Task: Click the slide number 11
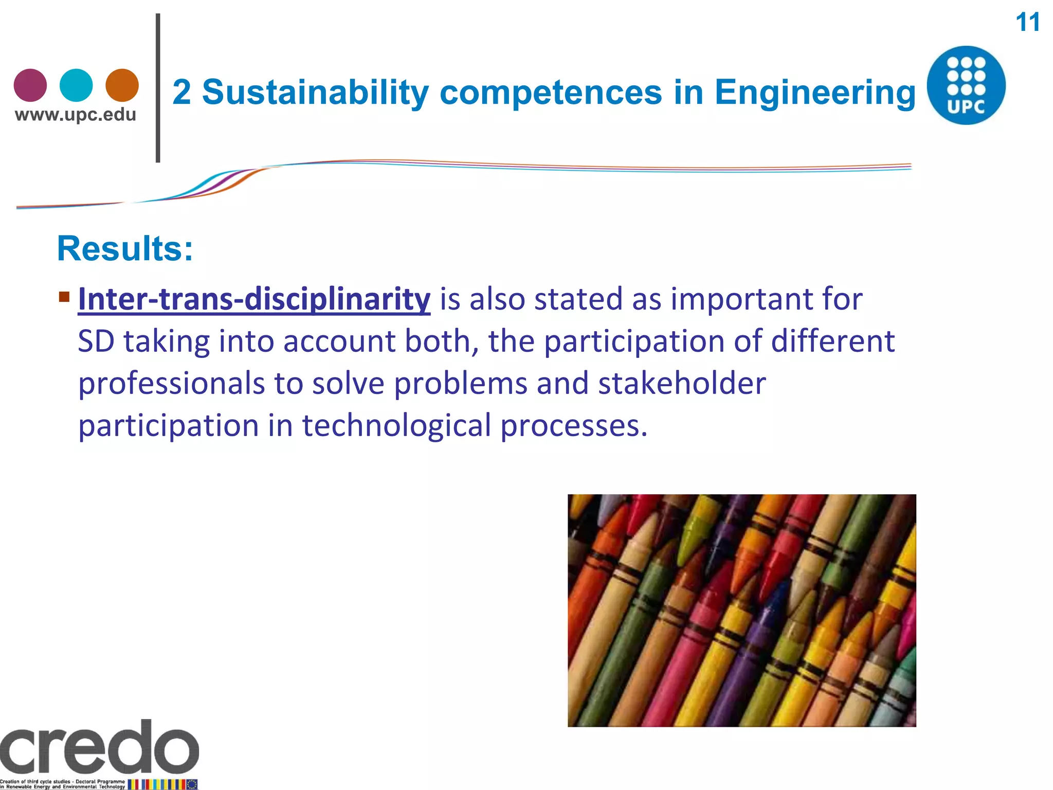tap(1027, 23)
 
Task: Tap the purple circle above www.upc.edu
tap(30, 85)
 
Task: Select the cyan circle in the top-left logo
tap(76, 85)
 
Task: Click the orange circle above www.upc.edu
tap(122, 85)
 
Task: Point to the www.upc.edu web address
tap(76, 115)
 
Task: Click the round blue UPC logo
tap(966, 85)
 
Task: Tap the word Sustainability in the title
tap(315, 93)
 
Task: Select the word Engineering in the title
tap(815, 93)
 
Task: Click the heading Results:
tap(125, 249)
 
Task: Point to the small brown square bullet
tap(64, 297)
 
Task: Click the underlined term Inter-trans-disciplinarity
tap(254, 299)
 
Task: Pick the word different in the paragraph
tap(832, 342)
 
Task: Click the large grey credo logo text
tap(99, 748)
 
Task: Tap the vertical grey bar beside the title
tap(158, 87)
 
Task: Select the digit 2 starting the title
tap(181, 93)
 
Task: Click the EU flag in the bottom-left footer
tap(192, 784)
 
